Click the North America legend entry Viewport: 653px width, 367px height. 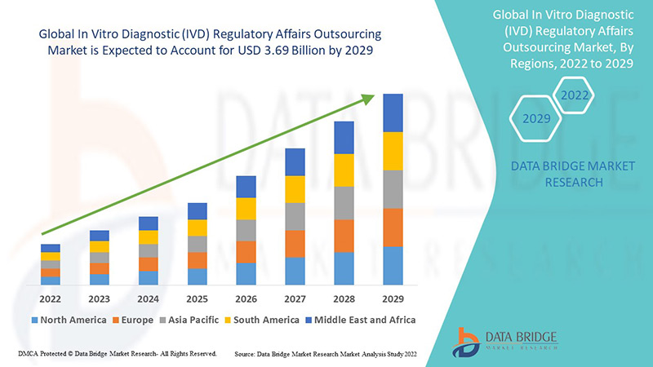pyautogui.click(x=69, y=320)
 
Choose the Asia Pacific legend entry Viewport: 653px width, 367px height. pyautogui.click(x=193, y=320)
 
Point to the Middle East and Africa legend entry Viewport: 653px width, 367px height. pyautogui.click(x=359, y=320)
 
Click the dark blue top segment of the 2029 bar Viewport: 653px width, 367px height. pyautogui.click(x=393, y=113)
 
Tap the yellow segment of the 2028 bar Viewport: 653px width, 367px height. pyautogui.click(x=344, y=170)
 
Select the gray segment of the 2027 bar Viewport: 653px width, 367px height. pyautogui.click(x=295, y=216)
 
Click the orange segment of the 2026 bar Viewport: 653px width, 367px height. pyautogui.click(x=247, y=252)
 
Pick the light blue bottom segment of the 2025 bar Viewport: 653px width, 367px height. pyautogui.click(x=198, y=276)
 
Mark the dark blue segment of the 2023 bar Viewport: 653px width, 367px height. pyautogui.click(x=100, y=236)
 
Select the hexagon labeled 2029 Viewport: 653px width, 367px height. pyautogui.click(x=535, y=119)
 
